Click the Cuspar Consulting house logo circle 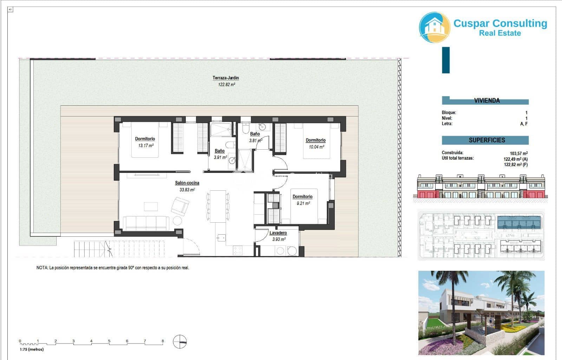pyautogui.click(x=434, y=28)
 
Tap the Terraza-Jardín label pyautogui.click(x=226, y=78)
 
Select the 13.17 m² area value pyautogui.click(x=145, y=145)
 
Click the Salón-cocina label pyautogui.click(x=187, y=183)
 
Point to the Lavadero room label pyautogui.click(x=278, y=233)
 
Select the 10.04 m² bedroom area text pyautogui.click(x=316, y=147)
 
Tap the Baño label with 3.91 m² pyautogui.click(x=220, y=151)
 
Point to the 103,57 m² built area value pyautogui.click(x=518, y=153)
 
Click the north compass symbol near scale pyautogui.click(x=180, y=342)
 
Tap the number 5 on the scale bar pyautogui.click(x=109, y=341)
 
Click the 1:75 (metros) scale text pyautogui.click(x=32, y=349)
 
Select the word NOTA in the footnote pyautogui.click(x=42, y=268)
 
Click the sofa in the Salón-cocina pyautogui.click(x=146, y=223)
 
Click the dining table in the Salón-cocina pyautogui.click(x=218, y=206)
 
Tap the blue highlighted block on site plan pyautogui.click(x=519, y=222)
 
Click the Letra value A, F pyautogui.click(x=523, y=124)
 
